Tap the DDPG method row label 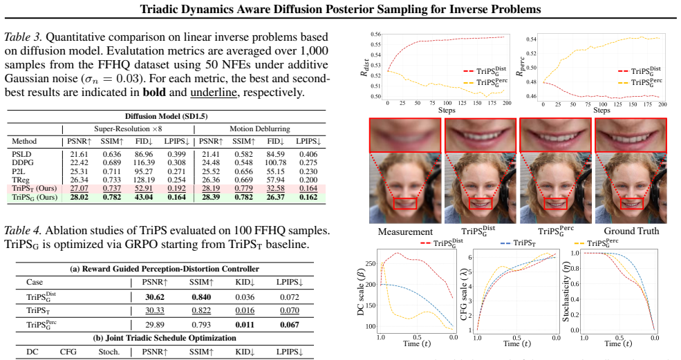(23, 163)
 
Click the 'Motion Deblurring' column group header (260, 129)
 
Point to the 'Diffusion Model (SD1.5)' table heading (167, 116)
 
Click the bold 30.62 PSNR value (155, 297)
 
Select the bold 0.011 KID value (245, 324)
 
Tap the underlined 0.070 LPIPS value (290, 310)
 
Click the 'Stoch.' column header (109, 352)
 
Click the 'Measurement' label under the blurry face (405, 231)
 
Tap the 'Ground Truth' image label (631, 231)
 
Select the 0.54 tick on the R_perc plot (531, 39)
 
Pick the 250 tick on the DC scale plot (371, 263)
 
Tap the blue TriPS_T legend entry (518, 243)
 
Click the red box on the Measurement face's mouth (404, 203)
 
